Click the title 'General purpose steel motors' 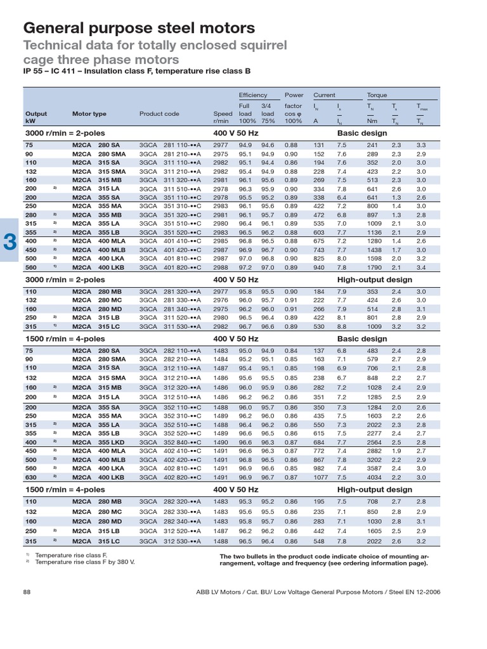[x=139, y=28]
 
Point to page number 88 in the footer [x=27, y=591]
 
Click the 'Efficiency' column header [x=253, y=95]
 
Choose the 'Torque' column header [x=377, y=95]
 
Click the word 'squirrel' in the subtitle [x=260, y=46]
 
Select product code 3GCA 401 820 [x=170, y=268]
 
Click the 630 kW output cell [x=30, y=477]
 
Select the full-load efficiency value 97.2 [x=245, y=268]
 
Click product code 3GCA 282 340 [x=170, y=520]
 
